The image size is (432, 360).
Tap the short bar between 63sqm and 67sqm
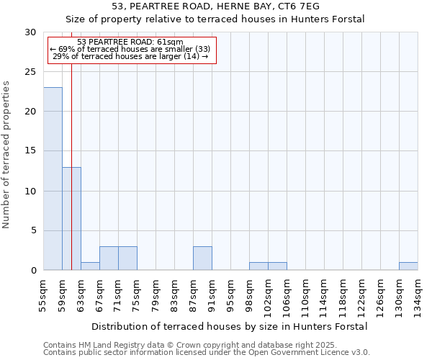90,266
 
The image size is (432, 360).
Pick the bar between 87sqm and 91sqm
202,258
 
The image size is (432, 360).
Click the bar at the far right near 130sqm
408,266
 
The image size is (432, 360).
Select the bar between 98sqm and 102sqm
258,266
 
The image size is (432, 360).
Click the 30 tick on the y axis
30,32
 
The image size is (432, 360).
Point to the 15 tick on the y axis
30,151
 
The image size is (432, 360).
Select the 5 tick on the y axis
33,230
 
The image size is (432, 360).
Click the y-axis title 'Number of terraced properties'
6,155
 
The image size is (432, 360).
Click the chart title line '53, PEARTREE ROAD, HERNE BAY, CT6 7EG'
215,6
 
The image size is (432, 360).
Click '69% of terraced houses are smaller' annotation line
130,49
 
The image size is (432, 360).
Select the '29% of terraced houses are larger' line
130,56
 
